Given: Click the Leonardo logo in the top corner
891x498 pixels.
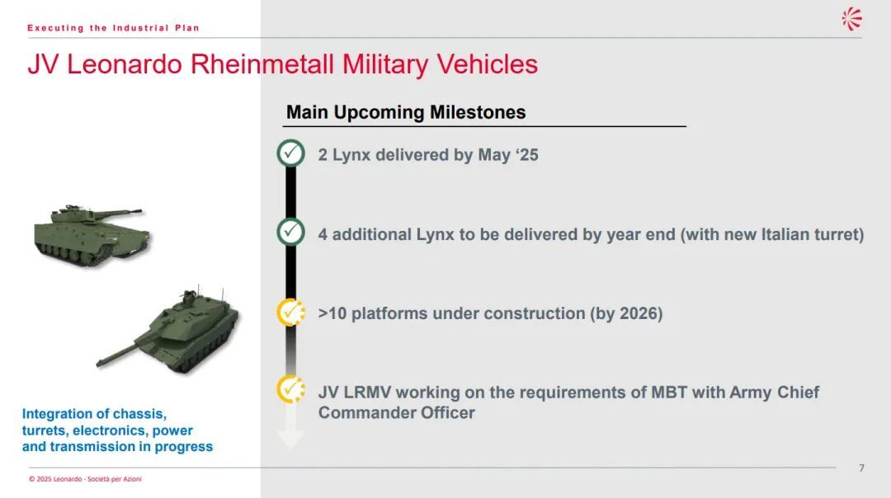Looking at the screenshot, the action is (x=851, y=19).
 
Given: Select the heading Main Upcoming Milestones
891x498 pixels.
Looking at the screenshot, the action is (x=406, y=112).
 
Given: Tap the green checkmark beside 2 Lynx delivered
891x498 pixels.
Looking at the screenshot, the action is (x=291, y=153).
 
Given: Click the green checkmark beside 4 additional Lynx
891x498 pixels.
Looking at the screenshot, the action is (x=291, y=232).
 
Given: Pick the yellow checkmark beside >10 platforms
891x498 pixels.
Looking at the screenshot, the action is (x=291, y=312).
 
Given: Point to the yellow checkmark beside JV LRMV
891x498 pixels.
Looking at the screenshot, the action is (x=291, y=389).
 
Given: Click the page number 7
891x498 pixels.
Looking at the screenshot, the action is (x=861, y=467).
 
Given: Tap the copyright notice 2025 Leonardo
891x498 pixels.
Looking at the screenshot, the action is (x=85, y=479).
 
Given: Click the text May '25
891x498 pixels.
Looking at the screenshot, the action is (x=508, y=155).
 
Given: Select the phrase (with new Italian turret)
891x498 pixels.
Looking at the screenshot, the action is (x=772, y=234).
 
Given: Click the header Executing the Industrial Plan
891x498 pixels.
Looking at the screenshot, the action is (x=114, y=28).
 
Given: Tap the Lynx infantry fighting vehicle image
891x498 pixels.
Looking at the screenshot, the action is (x=91, y=234).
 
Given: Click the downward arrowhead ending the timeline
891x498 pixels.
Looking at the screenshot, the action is (x=290, y=439).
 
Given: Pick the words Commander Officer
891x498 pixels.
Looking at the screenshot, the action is (x=397, y=413).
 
